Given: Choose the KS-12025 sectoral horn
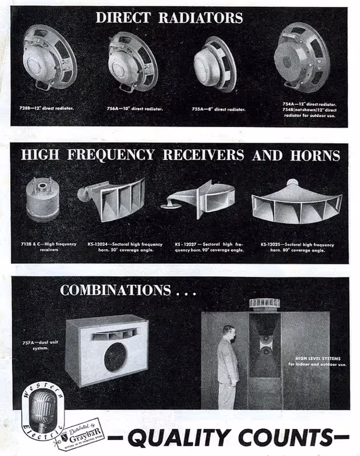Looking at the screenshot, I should [296, 204].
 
